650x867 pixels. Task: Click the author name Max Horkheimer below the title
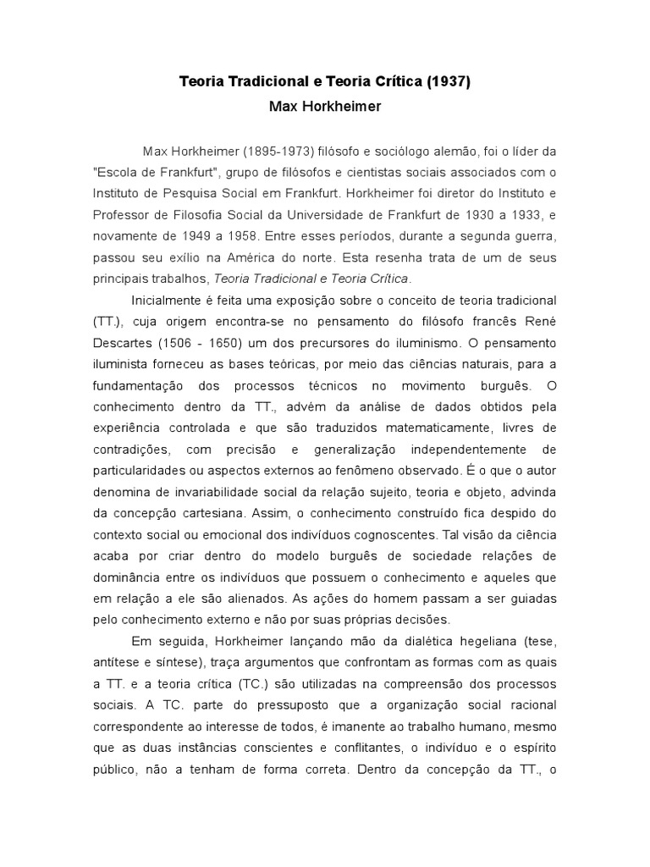[324, 108]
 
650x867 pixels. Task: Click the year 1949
[196, 234]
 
